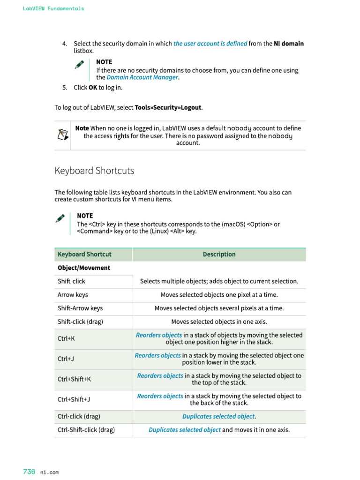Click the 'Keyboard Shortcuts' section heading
(94, 171)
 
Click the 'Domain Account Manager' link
(142, 77)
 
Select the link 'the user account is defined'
(210, 44)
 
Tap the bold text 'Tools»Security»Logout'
(168, 107)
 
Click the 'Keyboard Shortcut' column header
(84, 255)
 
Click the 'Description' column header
(219, 255)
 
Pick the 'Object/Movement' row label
(84, 268)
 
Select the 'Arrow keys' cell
(73, 295)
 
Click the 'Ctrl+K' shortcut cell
(66, 338)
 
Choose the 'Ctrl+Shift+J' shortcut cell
(74, 400)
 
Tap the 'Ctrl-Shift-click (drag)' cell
(86, 430)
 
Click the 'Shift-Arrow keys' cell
(80, 308)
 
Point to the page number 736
(29, 472)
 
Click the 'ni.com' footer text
(49, 472)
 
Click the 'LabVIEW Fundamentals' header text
(53, 8)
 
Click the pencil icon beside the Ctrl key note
(60, 218)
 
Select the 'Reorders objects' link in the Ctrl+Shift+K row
(160, 376)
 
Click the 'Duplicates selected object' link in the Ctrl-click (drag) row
(218, 417)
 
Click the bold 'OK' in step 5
(93, 88)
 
